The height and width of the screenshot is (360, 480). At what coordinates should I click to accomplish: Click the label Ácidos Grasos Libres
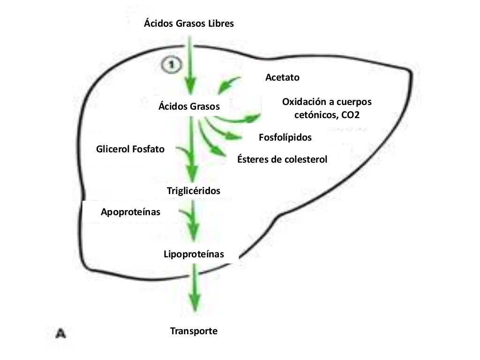[188, 24]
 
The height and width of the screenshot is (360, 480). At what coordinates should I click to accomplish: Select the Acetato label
[282, 77]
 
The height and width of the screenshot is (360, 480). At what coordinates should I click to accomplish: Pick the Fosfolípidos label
[285, 137]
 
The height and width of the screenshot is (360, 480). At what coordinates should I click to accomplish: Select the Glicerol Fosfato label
[130, 150]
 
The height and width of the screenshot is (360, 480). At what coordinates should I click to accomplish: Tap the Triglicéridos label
[194, 191]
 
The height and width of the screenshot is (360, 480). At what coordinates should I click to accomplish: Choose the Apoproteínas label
[131, 212]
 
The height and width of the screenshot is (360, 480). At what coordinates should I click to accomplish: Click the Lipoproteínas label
[194, 255]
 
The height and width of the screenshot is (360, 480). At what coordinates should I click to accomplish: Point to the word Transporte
[194, 331]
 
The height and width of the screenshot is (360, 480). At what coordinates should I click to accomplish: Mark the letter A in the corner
[60, 334]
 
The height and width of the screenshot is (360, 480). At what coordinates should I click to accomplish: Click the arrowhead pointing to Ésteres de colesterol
[218, 153]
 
